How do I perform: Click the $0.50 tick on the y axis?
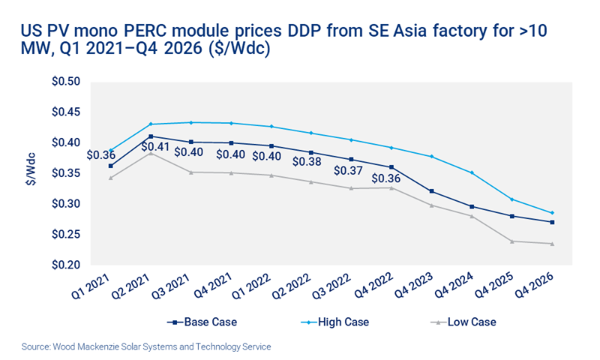click(x=67, y=81)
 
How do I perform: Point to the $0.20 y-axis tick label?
click(x=67, y=265)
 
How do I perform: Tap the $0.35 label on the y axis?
click(x=67, y=173)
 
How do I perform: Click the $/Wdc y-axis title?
click(x=24, y=173)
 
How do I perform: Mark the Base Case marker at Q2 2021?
click(x=151, y=136)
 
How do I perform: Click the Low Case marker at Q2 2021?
click(x=151, y=152)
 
